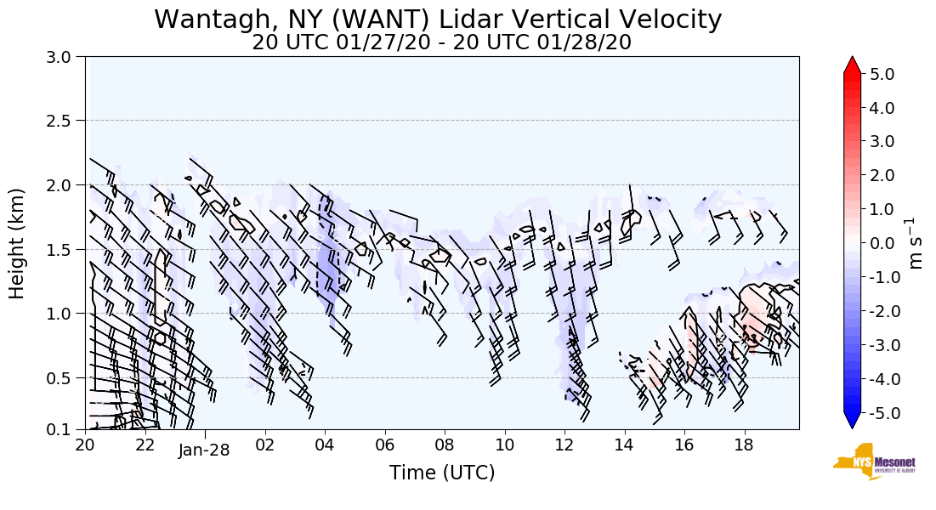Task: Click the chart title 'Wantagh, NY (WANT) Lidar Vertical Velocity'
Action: point(438,19)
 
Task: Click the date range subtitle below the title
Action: point(441,42)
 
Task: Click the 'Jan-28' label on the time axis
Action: point(204,450)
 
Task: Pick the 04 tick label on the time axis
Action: point(325,444)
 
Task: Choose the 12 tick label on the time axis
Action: point(564,444)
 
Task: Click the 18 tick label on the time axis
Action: point(744,444)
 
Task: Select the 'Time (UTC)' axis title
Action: point(441,473)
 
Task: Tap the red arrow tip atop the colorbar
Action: point(853,64)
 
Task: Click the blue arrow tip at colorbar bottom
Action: point(853,422)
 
